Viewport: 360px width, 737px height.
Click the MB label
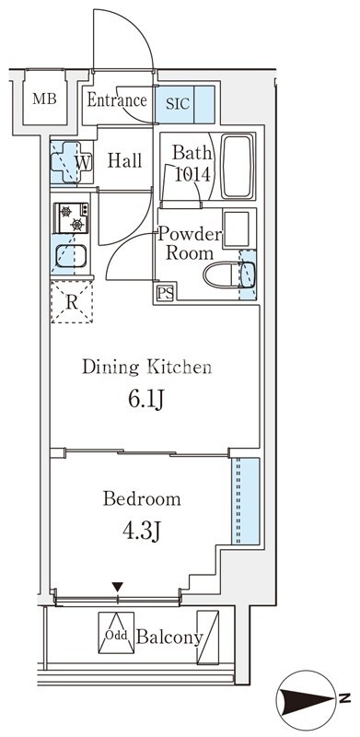point(44,99)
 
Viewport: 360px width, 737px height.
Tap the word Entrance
point(117,100)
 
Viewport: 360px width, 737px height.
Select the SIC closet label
point(177,103)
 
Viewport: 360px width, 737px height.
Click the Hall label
point(124,161)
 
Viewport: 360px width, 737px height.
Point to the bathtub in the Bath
point(238,167)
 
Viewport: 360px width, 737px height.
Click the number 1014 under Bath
point(192,174)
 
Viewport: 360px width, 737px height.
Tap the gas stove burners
point(71,217)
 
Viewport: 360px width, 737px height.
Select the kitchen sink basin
point(71,256)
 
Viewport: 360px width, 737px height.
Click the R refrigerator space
point(72,302)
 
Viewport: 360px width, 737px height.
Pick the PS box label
point(165,294)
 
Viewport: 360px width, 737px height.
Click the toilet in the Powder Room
point(229,275)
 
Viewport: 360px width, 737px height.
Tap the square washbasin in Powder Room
point(236,228)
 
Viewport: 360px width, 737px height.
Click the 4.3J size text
point(141,532)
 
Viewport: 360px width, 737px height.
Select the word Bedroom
point(142,498)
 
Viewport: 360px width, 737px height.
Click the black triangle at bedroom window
point(117,587)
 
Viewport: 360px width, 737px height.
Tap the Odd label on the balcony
point(116,636)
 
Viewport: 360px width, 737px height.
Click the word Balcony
point(169,638)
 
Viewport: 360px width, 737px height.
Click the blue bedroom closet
point(245,501)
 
